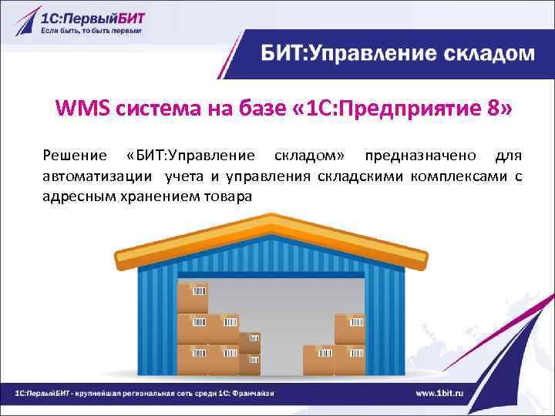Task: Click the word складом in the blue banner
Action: (x=490, y=53)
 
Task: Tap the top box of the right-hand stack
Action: (x=348, y=329)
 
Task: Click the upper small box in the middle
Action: (x=250, y=342)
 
